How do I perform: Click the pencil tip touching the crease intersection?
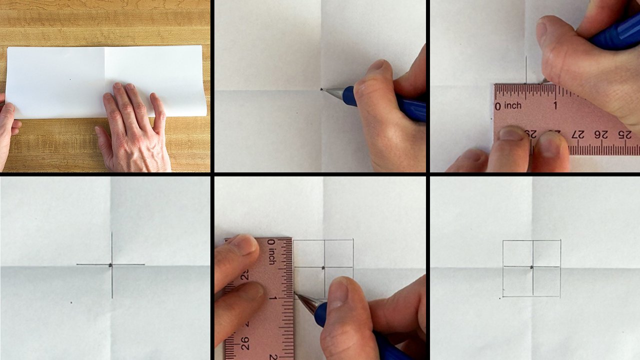321,89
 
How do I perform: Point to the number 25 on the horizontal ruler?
624,133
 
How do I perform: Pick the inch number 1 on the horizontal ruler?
555,105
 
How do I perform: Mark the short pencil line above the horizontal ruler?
526,69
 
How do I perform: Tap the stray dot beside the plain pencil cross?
71,302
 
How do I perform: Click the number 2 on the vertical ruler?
273,355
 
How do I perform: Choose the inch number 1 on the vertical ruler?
272,298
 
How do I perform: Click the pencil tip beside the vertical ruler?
295,294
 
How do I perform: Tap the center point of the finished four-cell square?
532,267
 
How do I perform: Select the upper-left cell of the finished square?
517,253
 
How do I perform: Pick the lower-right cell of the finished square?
546,281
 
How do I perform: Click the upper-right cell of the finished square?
546,253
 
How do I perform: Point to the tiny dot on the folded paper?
70,79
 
